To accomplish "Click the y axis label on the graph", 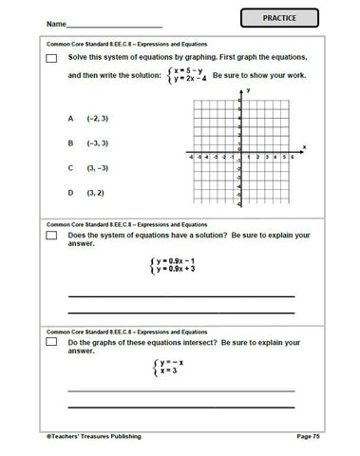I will [247, 88].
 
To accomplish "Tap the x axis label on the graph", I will [304, 146].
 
